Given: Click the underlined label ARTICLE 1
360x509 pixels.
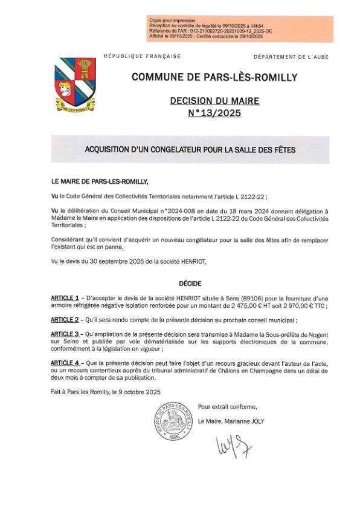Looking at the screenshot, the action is click(x=65, y=299).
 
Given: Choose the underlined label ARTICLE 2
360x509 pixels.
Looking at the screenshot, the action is click(x=65, y=319).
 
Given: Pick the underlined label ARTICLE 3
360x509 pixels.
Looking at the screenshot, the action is click(x=65, y=334).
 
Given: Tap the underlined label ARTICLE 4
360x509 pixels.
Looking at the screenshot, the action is click(x=65, y=362).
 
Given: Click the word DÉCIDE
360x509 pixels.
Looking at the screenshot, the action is click(x=190, y=284).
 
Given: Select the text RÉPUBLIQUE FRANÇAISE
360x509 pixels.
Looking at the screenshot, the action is click(x=143, y=56).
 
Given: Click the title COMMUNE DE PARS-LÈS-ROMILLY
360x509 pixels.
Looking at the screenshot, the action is click(x=206, y=77).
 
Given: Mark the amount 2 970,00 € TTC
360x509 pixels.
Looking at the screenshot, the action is click(x=306, y=306).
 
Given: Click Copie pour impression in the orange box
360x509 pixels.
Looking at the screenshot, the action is click(x=168, y=21).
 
